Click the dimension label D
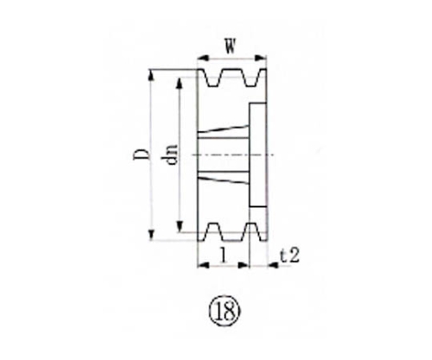pos(138,155)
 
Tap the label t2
pos(290,256)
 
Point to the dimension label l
pos(225,256)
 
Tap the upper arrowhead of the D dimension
pos(153,74)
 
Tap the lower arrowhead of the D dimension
pos(153,237)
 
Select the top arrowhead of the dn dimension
pos(181,83)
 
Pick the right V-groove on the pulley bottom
pos(251,231)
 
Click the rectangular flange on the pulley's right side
pos(258,155)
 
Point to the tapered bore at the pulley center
pos(224,155)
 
